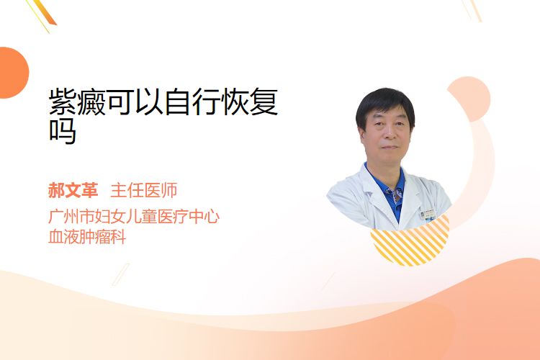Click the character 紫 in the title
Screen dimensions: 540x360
click(63, 102)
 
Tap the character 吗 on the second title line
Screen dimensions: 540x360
click(63, 131)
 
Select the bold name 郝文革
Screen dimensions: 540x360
click(73, 191)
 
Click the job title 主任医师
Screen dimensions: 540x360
click(143, 191)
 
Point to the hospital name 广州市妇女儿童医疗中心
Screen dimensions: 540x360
click(134, 217)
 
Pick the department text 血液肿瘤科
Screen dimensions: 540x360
click(87, 237)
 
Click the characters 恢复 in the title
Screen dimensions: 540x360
click(251, 102)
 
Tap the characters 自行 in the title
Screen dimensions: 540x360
click(192, 102)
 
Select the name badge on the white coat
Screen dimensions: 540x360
click(428, 215)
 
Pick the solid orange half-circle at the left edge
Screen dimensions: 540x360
click(13, 73)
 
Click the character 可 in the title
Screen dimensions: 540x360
click(120, 102)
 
